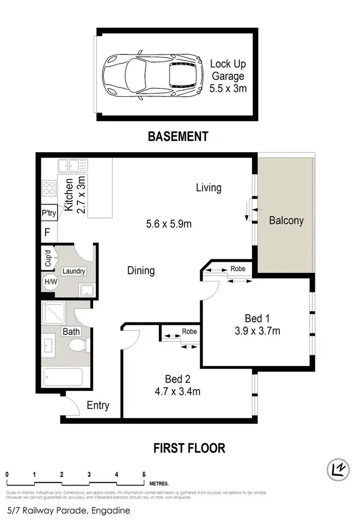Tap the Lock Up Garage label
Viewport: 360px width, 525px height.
(x=228, y=76)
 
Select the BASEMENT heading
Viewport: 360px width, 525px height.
(x=178, y=136)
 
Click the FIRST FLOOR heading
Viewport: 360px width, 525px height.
(x=189, y=448)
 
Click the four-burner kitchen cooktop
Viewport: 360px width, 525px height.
(x=49, y=187)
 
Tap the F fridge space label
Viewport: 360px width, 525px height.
(x=47, y=232)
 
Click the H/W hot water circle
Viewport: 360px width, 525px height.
(x=49, y=282)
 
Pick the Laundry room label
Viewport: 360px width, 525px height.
(x=73, y=271)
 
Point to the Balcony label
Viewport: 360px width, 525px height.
(x=286, y=220)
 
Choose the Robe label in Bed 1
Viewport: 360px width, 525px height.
(x=238, y=269)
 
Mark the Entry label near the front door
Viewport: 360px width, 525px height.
(x=98, y=405)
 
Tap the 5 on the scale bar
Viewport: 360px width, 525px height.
(x=144, y=474)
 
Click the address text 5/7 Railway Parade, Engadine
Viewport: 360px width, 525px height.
(x=68, y=511)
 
